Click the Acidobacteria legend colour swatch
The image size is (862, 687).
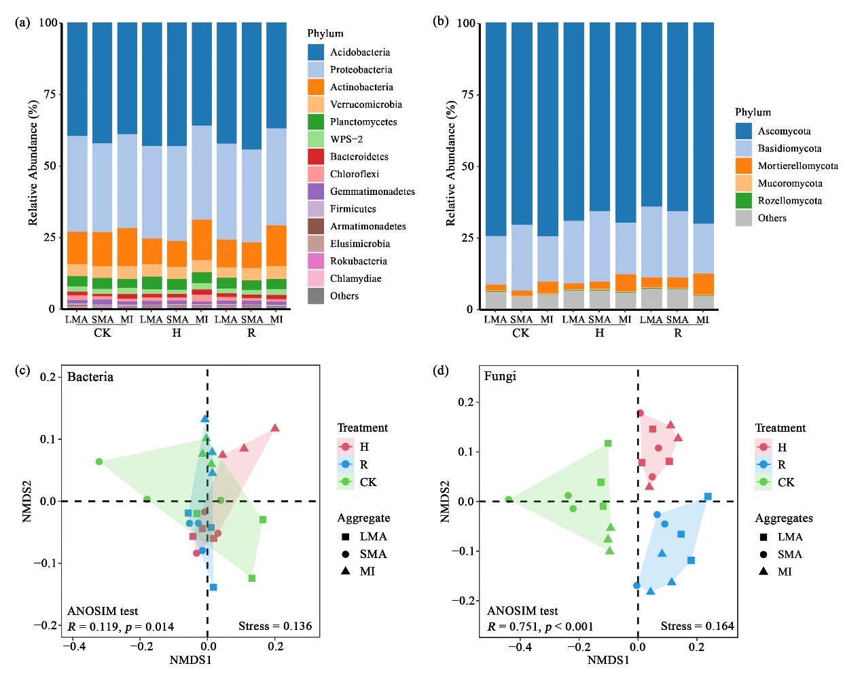[x=316, y=52]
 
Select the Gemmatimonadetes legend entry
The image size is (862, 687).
[x=372, y=191]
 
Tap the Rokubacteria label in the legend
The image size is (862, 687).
[x=358, y=261]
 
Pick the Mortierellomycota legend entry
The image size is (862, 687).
[x=797, y=166]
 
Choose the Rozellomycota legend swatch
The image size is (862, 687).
[x=744, y=201]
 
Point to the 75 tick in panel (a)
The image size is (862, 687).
[x=50, y=94]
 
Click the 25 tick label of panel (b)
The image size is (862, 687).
[x=467, y=238]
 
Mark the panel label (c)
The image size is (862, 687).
[x=22, y=371]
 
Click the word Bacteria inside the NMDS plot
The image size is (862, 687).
[x=90, y=377]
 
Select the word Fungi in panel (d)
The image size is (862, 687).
[x=500, y=376]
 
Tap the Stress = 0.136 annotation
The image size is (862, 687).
[x=275, y=626]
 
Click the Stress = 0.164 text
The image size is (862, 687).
[x=698, y=626]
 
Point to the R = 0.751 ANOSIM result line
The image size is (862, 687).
[x=540, y=627]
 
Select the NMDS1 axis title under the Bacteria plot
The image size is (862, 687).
[x=190, y=660]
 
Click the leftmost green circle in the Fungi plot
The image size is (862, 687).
[x=509, y=500]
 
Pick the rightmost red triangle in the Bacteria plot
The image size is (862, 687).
[x=275, y=428]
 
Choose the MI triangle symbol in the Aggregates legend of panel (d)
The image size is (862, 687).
[x=764, y=572]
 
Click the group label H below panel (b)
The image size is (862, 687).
[x=599, y=333]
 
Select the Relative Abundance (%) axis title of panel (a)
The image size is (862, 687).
[x=33, y=163]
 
